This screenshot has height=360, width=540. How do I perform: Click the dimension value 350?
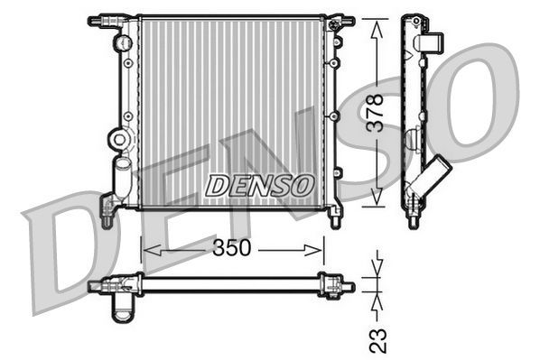[232, 248]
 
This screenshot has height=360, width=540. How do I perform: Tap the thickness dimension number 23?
[379, 338]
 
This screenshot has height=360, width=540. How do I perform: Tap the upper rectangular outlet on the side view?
[432, 42]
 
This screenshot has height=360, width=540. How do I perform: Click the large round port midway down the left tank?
[117, 139]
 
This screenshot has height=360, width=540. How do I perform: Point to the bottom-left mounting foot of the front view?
[107, 215]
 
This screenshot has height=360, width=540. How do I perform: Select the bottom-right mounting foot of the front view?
[336, 217]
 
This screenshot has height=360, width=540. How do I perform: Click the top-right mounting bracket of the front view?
[340, 19]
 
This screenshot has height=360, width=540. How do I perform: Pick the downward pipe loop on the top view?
[120, 309]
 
